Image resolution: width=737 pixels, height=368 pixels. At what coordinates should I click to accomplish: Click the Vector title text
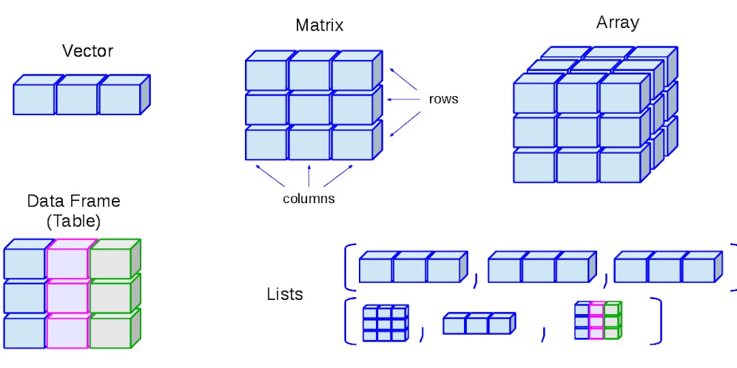coord(87,51)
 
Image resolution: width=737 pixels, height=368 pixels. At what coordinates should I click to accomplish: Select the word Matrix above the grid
coord(319,26)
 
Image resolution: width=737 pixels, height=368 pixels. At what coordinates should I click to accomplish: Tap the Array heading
coord(618,22)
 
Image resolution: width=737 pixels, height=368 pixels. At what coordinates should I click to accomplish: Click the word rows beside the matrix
coord(444,99)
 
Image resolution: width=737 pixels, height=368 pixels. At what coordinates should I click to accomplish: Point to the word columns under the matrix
coord(308,199)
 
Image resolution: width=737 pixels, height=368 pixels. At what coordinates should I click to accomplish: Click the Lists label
coord(285,295)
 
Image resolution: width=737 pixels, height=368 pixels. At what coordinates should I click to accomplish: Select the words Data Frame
coord(74,201)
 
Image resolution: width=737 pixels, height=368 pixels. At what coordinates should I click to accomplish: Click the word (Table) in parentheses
coord(74,221)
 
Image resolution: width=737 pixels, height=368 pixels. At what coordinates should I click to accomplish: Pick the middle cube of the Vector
coord(76,99)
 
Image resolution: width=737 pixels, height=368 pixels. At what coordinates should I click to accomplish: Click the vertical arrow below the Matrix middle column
coord(309,176)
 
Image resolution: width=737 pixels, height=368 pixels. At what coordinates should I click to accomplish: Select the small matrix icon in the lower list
coord(385,323)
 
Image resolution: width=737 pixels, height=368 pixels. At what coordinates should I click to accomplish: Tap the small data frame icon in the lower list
coord(597,321)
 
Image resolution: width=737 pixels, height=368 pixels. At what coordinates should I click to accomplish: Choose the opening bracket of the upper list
coord(349,267)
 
